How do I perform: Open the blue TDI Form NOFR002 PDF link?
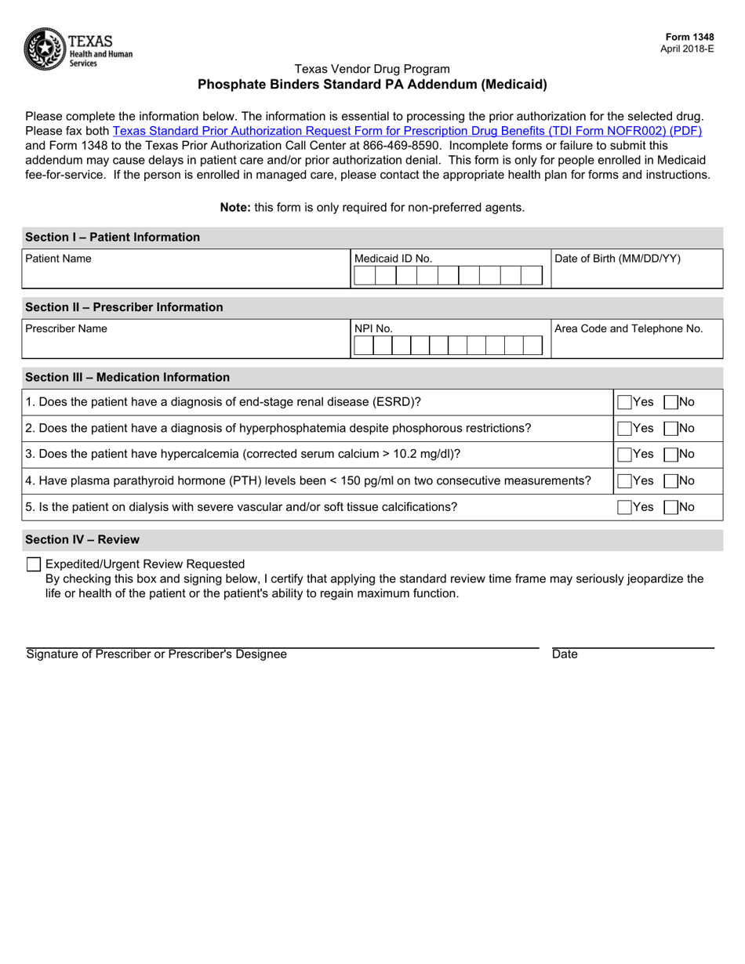pyautogui.click(x=407, y=131)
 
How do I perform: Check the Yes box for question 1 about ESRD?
pyautogui.click(x=624, y=402)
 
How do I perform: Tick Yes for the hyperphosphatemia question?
pyautogui.click(x=624, y=429)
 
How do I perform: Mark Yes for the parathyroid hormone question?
pyautogui.click(x=624, y=480)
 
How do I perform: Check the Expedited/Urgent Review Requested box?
pyautogui.click(x=34, y=564)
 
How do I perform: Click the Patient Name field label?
pyautogui.click(x=58, y=259)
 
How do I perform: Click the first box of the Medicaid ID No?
pyautogui.click(x=365, y=275)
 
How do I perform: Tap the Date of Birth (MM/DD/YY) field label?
pyautogui.click(x=617, y=259)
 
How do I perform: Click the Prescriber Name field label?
pyautogui.click(x=66, y=329)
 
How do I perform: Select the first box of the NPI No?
pyautogui.click(x=363, y=346)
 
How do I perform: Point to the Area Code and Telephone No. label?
pyautogui.click(x=628, y=329)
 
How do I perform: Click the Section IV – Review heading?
pyautogui.click(x=82, y=540)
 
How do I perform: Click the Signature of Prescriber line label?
pyautogui.click(x=157, y=654)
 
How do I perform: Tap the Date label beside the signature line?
pyautogui.click(x=565, y=654)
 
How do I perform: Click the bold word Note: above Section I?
pyautogui.click(x=234, y=208)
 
